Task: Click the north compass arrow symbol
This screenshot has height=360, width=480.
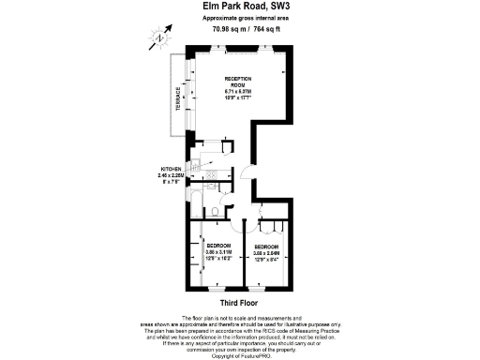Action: click(x=162, y=37)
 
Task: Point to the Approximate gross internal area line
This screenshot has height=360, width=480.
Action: click(x=239, y=18)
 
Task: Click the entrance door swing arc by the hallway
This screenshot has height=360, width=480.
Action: click(x=245, y=173)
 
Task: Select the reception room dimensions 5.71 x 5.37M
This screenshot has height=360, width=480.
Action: click(x=239, y=91)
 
